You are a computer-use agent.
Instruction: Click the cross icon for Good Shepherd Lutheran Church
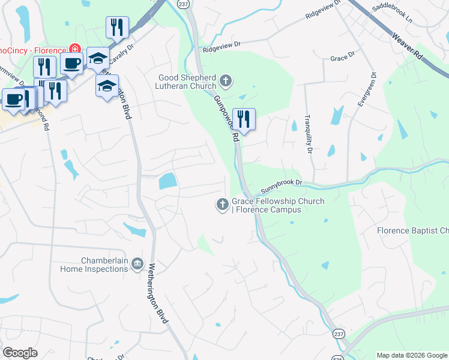tap(226, 80)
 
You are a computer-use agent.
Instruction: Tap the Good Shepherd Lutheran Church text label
tap(187, 82)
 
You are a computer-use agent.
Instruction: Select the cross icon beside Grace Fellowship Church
tap(222, 205)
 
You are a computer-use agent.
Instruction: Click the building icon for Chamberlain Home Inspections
tap(137, 264)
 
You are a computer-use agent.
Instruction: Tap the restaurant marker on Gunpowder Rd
tap(244, 119)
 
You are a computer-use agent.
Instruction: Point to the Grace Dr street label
tap(339, 58)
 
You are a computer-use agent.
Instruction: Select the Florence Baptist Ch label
tap(412, 230)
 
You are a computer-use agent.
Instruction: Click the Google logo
tap(20, 353)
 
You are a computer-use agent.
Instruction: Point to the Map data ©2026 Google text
tap(411, 355)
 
